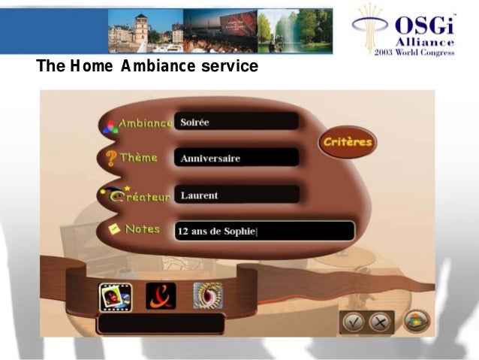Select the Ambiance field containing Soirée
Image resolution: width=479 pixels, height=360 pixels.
pos(236,122)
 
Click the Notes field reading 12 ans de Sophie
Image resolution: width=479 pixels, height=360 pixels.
pos(264,231)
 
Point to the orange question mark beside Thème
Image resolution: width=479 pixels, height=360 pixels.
pos(110,158)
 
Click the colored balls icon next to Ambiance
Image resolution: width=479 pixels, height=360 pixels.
pos(110,125)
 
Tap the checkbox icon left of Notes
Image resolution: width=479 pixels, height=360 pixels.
pos(116,230)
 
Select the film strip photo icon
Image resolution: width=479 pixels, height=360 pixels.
pos(114,296)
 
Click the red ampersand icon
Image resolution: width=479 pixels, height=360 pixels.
pos(161,296)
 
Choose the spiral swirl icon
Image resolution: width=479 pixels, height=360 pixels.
pos(208,296)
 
